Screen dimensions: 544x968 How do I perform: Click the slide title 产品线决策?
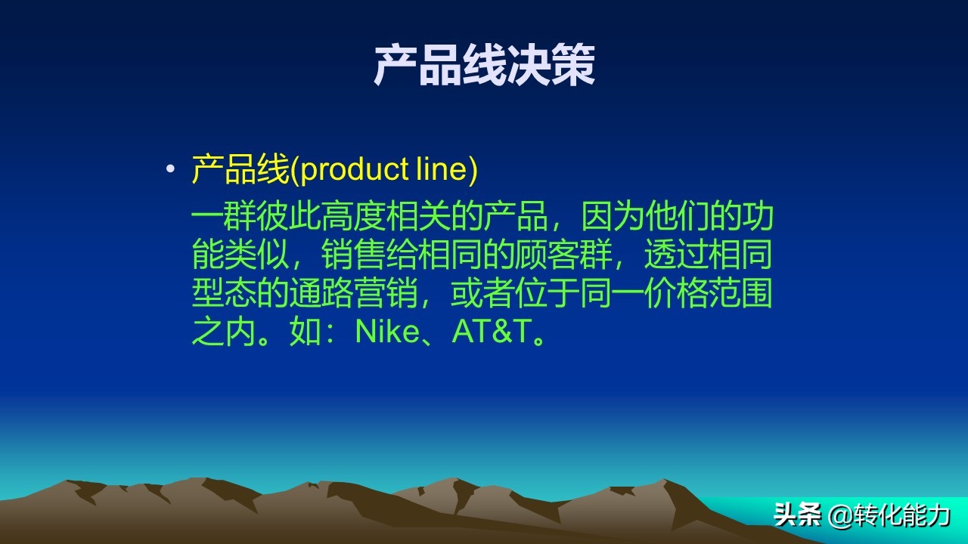[x=484, y=66]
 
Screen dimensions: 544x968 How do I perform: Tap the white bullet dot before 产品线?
[x=170, y=170]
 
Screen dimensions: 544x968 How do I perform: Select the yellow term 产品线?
[x=240, y=170]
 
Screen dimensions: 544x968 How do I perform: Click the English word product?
[x=355, y=170]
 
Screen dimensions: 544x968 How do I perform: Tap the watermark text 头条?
[x=797, y=516]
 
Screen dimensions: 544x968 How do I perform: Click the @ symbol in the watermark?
[x=841, y=517]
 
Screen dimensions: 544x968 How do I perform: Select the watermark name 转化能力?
[x=903, y=516]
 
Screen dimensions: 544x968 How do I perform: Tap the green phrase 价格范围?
[x=709, y=294]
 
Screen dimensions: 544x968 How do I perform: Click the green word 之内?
[x=224, y=332]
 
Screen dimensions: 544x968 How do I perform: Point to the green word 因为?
[x=613, y=218]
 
